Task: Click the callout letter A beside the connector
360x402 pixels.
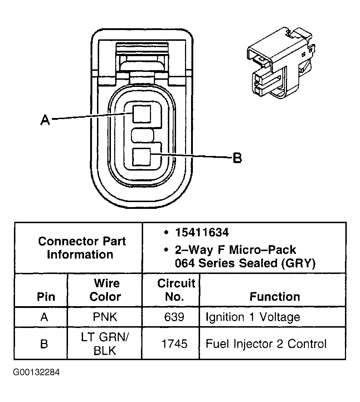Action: point(45,119)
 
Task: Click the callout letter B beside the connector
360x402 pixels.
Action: point(237,158)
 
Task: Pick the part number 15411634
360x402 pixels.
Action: point(201,232)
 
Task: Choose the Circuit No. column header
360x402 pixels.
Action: point(176,290)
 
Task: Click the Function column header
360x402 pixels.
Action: point(274,296)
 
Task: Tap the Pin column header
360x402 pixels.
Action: point(46,297)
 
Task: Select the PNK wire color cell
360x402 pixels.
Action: point(105,317)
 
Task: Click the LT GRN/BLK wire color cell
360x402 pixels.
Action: point(105,344)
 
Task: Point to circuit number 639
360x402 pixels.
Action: point(175,317)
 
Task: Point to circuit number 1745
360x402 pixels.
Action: point(175,344)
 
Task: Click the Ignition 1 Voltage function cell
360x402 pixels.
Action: point(253,317)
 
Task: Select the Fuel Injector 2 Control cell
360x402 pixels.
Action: point(266,344)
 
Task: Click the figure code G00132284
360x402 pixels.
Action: point(37,372)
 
